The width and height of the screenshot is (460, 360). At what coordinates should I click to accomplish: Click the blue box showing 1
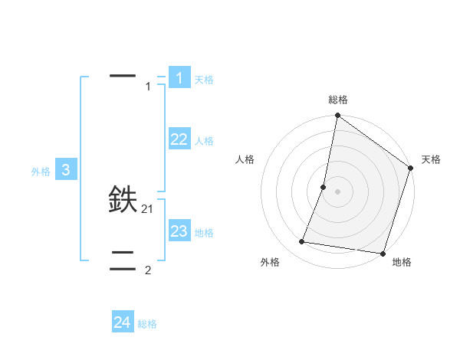coord(179,77)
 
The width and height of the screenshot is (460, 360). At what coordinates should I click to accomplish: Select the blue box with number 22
coord(179,139)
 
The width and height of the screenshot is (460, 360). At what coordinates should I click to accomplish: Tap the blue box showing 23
coord(179,231)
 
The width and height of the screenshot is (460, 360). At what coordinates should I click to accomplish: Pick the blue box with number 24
coord(123,322)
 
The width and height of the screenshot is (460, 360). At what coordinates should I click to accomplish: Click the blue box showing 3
coord(66,170)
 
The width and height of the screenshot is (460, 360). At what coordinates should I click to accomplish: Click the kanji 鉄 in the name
coord(123,200)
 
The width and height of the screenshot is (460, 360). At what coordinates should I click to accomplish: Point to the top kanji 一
coord(123,76)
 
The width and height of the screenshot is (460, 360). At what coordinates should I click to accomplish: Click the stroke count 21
coord(148,208)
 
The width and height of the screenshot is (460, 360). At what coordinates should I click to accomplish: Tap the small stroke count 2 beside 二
coord(148,270)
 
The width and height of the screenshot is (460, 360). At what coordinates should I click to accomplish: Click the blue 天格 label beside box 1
coord(204,80)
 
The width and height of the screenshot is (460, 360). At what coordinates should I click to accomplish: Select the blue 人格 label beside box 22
coord(204,141)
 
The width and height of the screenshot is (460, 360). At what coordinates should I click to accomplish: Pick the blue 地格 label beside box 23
coord(204,233)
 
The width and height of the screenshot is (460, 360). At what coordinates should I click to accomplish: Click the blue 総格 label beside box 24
coord(147,325)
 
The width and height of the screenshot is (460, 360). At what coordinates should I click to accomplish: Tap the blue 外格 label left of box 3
coord(41,172)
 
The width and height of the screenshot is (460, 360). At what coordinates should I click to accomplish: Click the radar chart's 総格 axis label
coord(337,100)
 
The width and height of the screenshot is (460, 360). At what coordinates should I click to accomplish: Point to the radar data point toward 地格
coord(383,254)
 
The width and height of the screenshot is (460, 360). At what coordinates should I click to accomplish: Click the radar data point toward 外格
coord(302,242)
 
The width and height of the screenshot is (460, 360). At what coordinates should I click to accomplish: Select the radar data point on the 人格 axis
coord(324,187)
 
